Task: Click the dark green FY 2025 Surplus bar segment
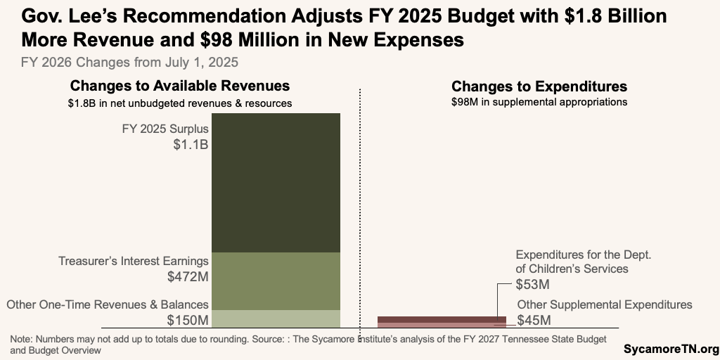coord(276,182)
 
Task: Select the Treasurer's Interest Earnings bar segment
coord(276,281)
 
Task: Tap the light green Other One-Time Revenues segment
coord(276,319)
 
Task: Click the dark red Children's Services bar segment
coord(441,319)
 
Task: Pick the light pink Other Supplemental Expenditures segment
coord(441,325)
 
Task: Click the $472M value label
coord(188,277)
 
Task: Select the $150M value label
coord(188,321)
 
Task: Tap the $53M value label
coord(532,285)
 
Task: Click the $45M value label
coord(534,321)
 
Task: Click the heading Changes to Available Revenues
coord(179,86)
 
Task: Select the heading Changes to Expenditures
coord(539,86)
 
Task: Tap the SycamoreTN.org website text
coord(671,349)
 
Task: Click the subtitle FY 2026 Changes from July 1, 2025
coord(129,62)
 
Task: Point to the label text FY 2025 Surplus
coord(166,129)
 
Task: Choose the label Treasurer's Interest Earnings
coord(133,261)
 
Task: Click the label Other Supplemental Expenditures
coord(605,304)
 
